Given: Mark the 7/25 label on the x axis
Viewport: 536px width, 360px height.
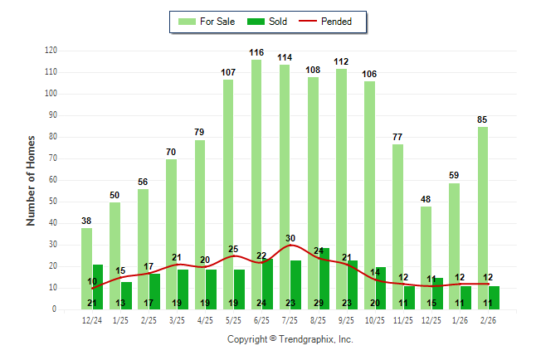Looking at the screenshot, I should point(290,319).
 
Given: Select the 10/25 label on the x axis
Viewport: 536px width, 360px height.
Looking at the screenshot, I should point(375,319).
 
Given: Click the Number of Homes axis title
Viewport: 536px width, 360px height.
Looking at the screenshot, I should point(31,180).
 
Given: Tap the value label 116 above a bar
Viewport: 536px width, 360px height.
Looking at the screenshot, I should point(256,52).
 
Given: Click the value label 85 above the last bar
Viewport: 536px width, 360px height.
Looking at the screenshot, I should point(482,119).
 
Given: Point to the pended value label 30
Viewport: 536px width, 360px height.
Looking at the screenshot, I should point(290,239).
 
